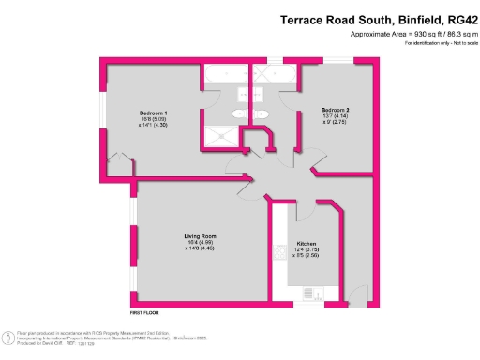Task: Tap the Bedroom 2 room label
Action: (335, 108)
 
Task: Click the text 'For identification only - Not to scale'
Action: (428, 44)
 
